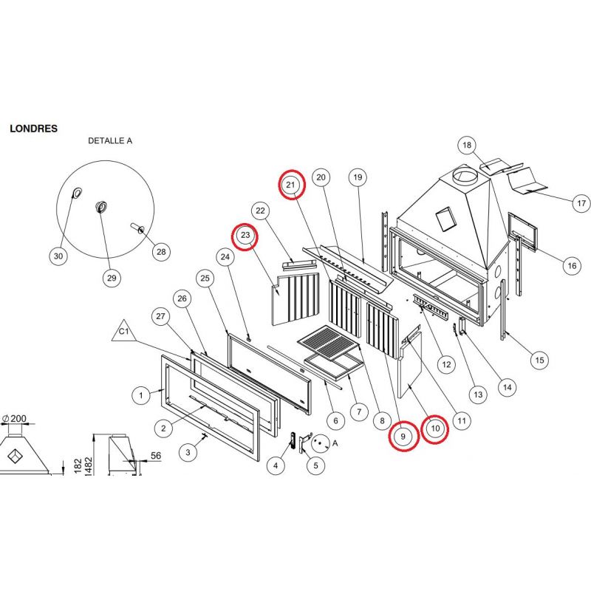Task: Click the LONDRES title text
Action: tap(33, 128)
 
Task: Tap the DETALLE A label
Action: tap(110, 140)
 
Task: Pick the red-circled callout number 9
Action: tap(403, 437)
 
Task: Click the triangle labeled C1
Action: tap(125, 333)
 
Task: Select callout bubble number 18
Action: tap(466, 145)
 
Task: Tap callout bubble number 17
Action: tap(581, 202)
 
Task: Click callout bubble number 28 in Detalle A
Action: tap(160, 251)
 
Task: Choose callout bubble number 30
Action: tap(58, 256)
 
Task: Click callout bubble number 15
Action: tap(539, 360)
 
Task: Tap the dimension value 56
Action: tap(156, 456)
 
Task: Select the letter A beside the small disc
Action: tap(335, 443)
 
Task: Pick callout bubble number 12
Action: tap(445, 364)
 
